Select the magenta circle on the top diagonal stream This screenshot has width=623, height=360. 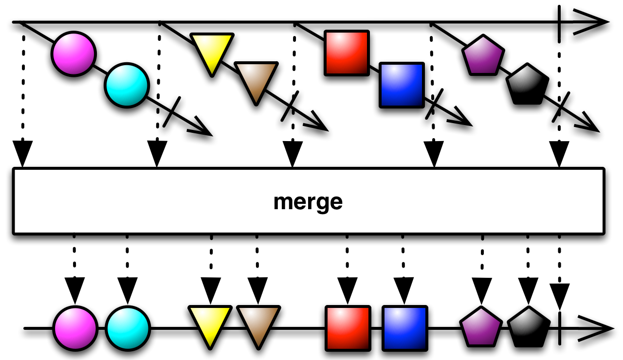click(73, 54)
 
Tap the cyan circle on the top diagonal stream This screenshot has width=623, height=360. click(127, 85)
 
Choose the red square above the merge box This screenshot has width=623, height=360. click(347, 53)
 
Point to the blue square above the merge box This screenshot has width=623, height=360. click(402, 85)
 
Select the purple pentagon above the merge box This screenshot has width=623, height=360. click(483, 55)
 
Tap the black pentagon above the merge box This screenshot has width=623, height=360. click(527, 85)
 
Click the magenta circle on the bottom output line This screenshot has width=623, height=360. click(75, 328)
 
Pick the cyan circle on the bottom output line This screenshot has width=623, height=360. click(128, 328)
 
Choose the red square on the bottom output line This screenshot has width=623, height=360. click(348, 328)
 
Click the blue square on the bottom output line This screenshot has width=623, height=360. click(405, 328)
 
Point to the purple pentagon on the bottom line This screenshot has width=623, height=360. click(481, 327)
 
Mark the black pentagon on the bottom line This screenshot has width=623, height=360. click(529, 327)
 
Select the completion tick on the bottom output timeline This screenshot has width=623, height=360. click(559, 328)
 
